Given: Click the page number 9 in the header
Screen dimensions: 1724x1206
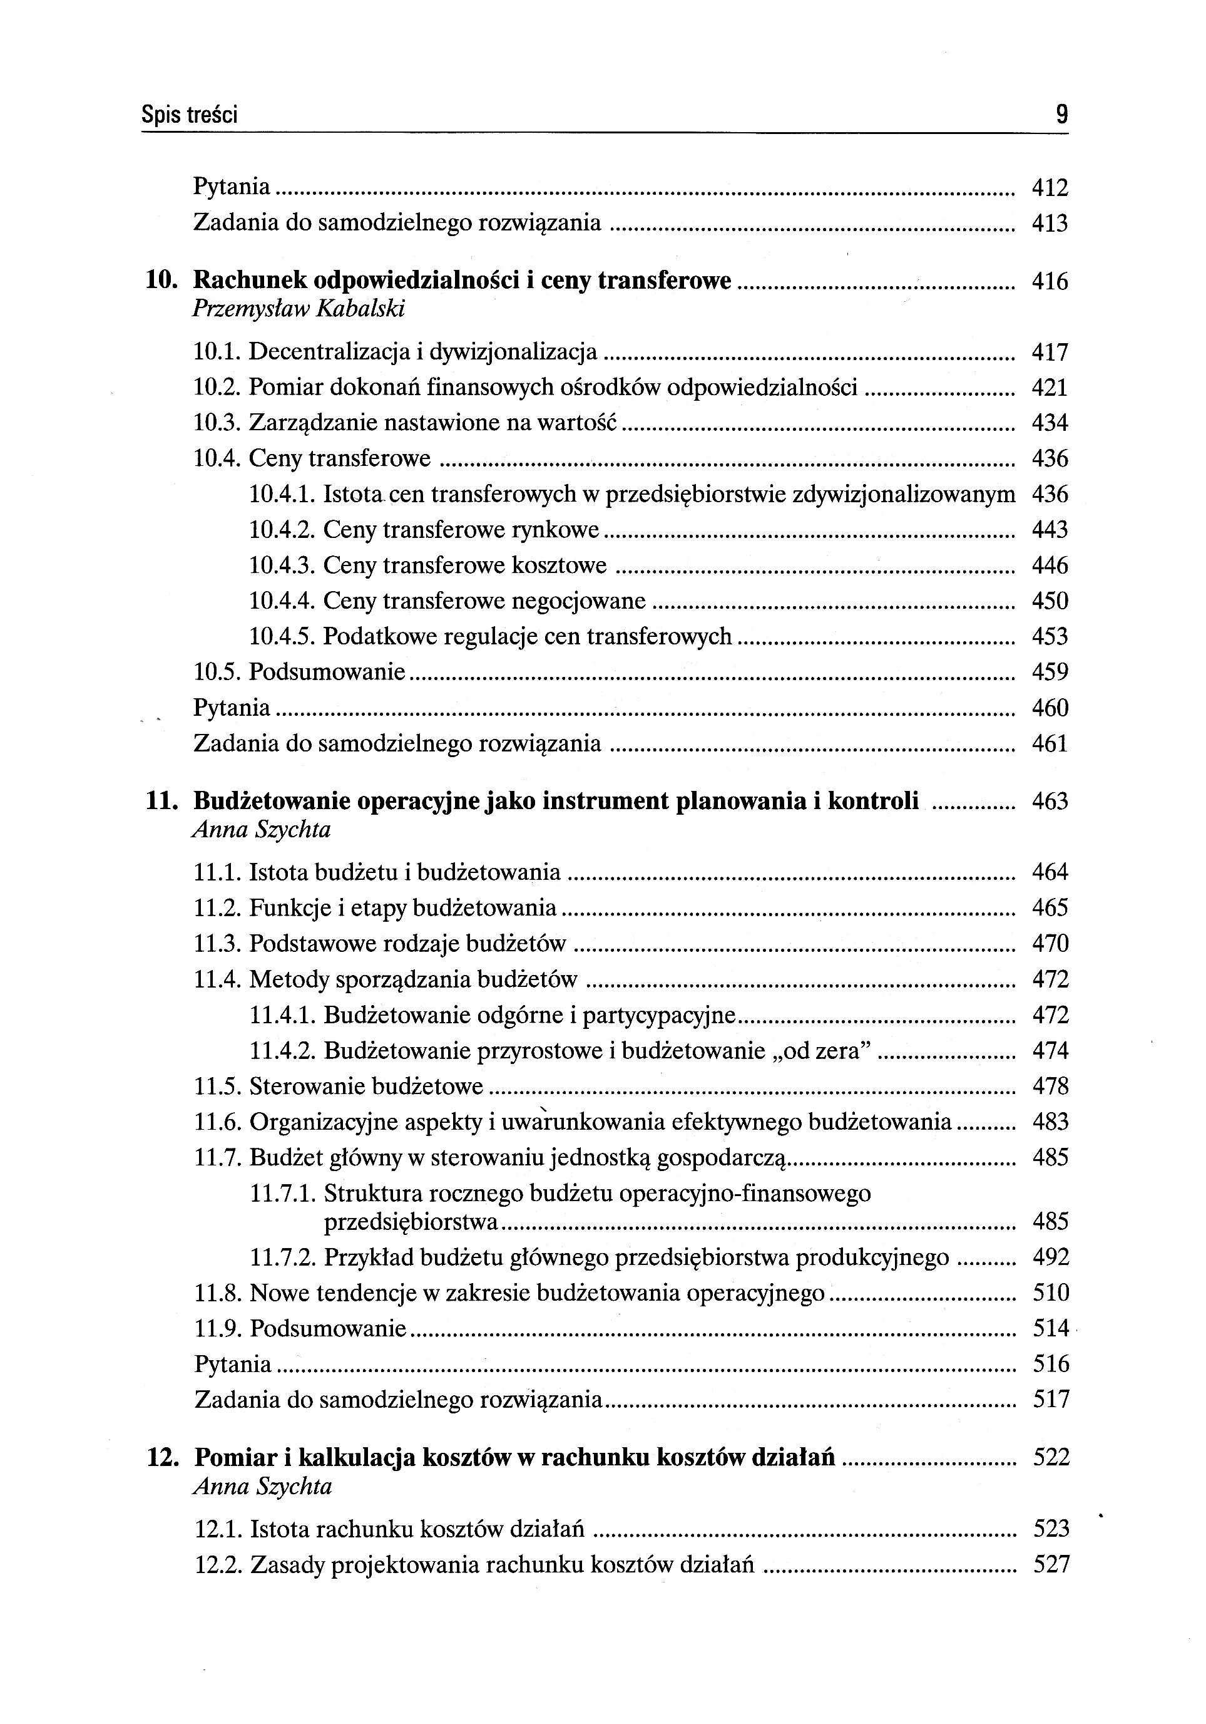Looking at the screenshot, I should point(1061,115).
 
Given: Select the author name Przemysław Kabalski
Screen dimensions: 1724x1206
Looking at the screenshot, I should point(299,309).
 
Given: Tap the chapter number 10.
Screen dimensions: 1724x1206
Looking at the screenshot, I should point(161,281).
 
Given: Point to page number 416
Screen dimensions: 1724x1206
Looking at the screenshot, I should point(1049,282).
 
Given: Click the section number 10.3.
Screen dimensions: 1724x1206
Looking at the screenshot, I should point(218,423).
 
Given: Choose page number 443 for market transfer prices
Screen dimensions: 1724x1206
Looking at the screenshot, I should point(1049,530).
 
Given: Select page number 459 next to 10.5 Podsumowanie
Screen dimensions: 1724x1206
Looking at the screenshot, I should point(1049,672).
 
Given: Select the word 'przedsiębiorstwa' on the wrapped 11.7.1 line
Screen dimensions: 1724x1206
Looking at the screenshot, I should point(411,1222).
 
